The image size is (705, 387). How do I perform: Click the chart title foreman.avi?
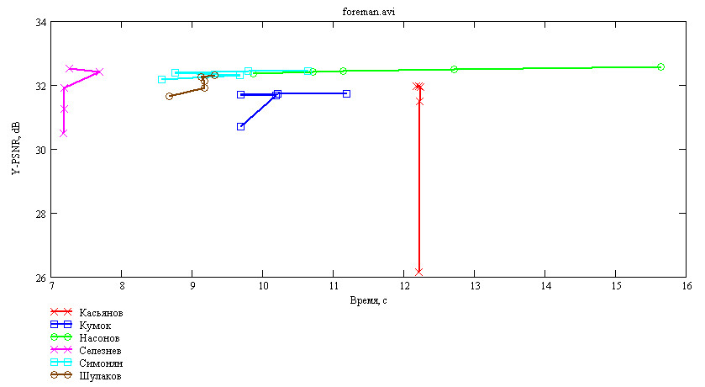pyautogui.click(x=369, y=12)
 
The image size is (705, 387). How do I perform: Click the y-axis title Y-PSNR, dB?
pyautogui.click(x=16, y=149)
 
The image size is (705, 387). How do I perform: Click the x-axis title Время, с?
pyautogui.click(x=368, y=300)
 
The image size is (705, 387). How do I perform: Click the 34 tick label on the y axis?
pyautogui.click(x=40, y=22)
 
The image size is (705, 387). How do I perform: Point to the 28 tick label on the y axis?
pyautogui.click(x=40, y=214)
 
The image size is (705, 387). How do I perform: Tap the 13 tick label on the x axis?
pyautogui.click(x=475, y=286)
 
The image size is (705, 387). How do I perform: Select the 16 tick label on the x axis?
pyautogui.click(x=687, y=286)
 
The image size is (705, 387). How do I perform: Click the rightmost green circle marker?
pyautogui.click(x=661, y=67)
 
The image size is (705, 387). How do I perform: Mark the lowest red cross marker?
pyautogui.click(x=419, y=272)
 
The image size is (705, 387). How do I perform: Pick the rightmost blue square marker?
pyautogui.click(x=347, y=93)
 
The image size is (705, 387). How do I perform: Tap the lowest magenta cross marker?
pyautogui.click(x=63, y=133)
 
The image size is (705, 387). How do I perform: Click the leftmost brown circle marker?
pyautogui.click(x=170, y=96)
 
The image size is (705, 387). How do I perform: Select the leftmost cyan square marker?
pyautogui.click(x=162, y=80)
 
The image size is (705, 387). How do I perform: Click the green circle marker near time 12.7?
pyautogui.click(x=454, y=69)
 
